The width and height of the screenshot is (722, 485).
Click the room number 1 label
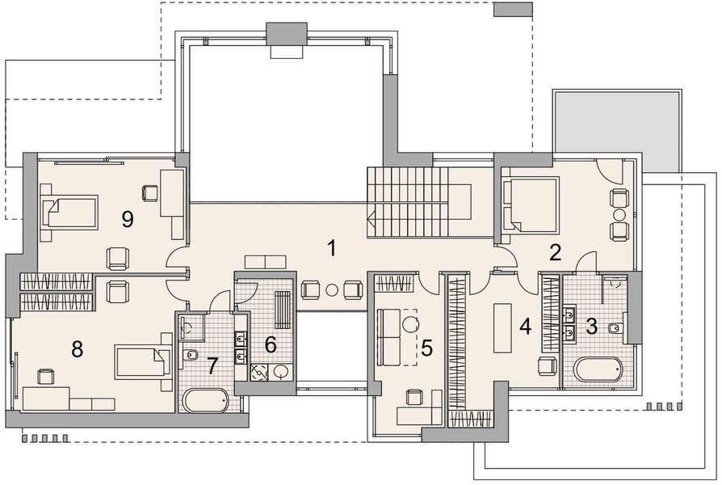[332, 248]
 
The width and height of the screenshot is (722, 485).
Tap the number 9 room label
[127, 219]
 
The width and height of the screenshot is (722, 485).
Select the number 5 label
[427, 348]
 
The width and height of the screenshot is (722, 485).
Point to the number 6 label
[271, 344]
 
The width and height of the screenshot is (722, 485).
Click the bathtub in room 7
[205, 401]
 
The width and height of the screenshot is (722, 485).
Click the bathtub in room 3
[598, 369]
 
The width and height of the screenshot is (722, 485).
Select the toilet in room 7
[189, 355]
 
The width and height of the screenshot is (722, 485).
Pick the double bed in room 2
[530, 204]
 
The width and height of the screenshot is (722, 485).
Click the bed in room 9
[69, 212]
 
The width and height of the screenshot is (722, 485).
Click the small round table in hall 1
[332, 290]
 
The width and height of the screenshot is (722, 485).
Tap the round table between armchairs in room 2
[619, 214]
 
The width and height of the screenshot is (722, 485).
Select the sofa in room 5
[388, 336]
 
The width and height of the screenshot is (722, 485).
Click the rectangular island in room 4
[502, 328]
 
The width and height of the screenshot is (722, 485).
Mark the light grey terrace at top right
[616, 130]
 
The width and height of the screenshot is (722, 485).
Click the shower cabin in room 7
[191, 326]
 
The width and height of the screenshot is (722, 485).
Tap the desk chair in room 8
[45, 376]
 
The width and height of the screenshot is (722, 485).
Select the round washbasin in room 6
[280, 372]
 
